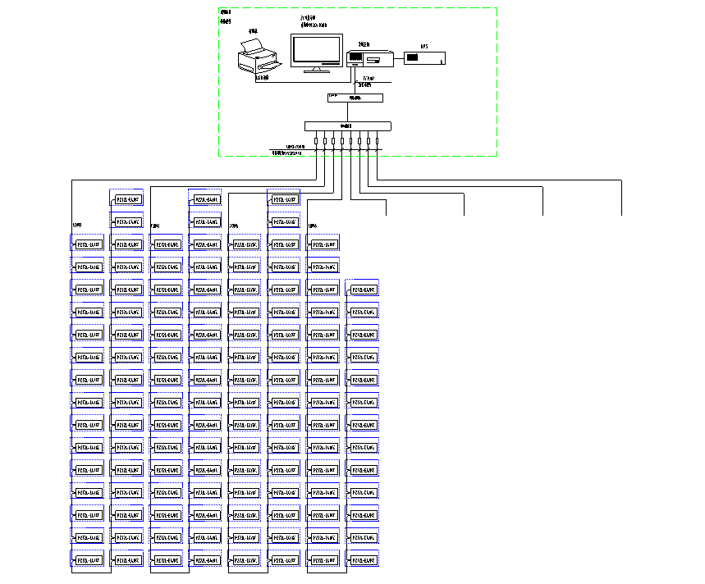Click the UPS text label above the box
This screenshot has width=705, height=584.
424,47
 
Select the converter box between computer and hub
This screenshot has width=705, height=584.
355,98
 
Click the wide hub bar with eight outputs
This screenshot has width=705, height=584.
348,125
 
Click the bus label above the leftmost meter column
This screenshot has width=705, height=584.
78,226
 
